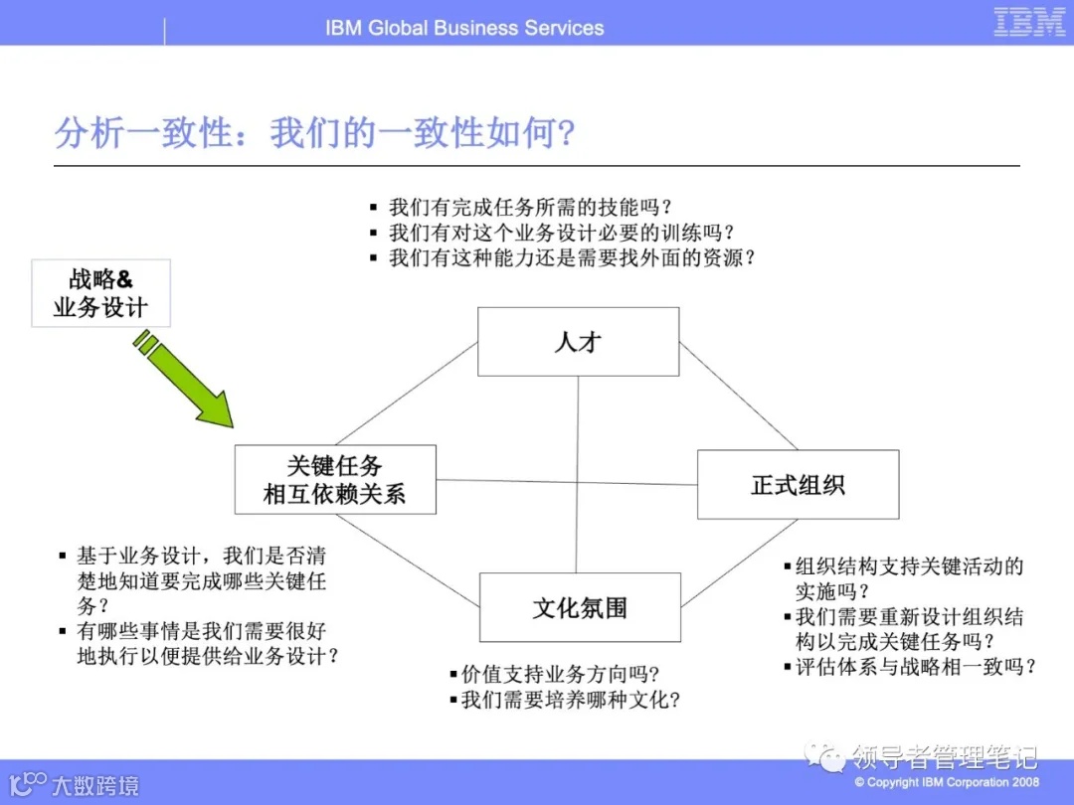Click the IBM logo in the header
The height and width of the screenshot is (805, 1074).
click(x=1029, y=23)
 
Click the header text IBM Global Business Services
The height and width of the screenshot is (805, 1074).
click(x=464, y=28)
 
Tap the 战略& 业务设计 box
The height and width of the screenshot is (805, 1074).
click(x=100, y=293)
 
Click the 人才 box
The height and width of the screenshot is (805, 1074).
click(x=578, y=342)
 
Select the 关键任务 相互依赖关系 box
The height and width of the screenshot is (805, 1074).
click(x=335, y=480)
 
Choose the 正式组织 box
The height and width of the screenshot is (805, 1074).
click(x=798, y=485)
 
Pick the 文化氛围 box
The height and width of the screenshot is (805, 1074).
click(x=580, y=607)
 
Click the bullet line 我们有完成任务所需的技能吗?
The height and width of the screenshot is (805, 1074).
click(x=528, y=208)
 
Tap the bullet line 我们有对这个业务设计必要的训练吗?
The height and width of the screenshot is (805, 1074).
click(x=560, y=233)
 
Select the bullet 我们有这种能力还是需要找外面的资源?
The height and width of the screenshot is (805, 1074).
click(x=571, y=257)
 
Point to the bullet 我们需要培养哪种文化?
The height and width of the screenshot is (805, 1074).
click(x=570, y=700)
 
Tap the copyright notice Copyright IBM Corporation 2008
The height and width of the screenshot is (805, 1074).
click(x=946, y=782)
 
